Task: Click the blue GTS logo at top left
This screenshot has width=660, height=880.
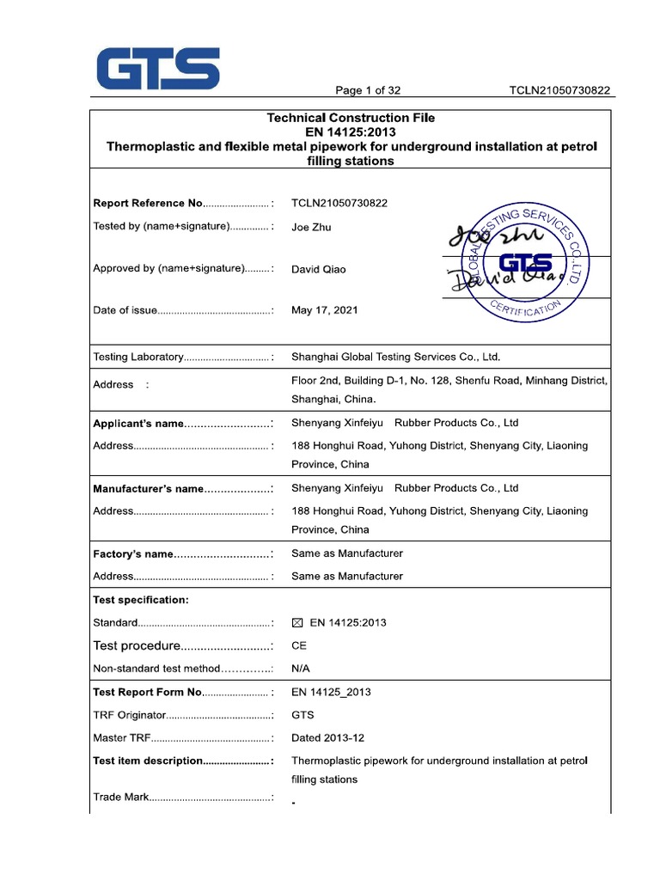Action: [x=157, y=69]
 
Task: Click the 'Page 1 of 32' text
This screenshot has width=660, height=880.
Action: [x=368, y=90]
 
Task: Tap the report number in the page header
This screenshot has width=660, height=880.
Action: [x=559, y=90]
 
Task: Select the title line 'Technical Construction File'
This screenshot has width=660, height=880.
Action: [x=351, y=118]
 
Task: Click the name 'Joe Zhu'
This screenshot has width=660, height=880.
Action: [x=311, y=227]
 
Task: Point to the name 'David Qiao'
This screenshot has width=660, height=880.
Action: [x=320, y=269]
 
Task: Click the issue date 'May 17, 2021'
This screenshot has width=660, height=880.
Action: [x=325, y=310]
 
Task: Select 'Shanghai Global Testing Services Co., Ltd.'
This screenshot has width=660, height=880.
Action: [x=395, y=357]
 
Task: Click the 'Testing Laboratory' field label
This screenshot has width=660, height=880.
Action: [x=138, y=357]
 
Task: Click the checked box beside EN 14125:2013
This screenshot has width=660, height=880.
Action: [x=297, y=623]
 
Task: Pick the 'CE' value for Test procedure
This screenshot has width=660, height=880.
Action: [x=299, y=645]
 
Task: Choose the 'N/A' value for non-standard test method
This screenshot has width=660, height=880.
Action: [x=301, y=668]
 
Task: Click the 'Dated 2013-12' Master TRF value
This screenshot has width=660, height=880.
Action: [x=328, y=737]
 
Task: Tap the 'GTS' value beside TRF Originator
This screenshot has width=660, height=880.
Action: [x=302, y=715]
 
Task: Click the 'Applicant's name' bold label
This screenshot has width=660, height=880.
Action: [x=138, y=424]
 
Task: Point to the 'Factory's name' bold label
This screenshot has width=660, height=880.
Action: [x=133, y=553]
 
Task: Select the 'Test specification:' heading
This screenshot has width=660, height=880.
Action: [x=140, y=600]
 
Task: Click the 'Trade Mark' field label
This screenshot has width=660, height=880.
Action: [x=121, y=797]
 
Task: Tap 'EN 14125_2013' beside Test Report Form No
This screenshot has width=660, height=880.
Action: [x=332, y=692]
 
